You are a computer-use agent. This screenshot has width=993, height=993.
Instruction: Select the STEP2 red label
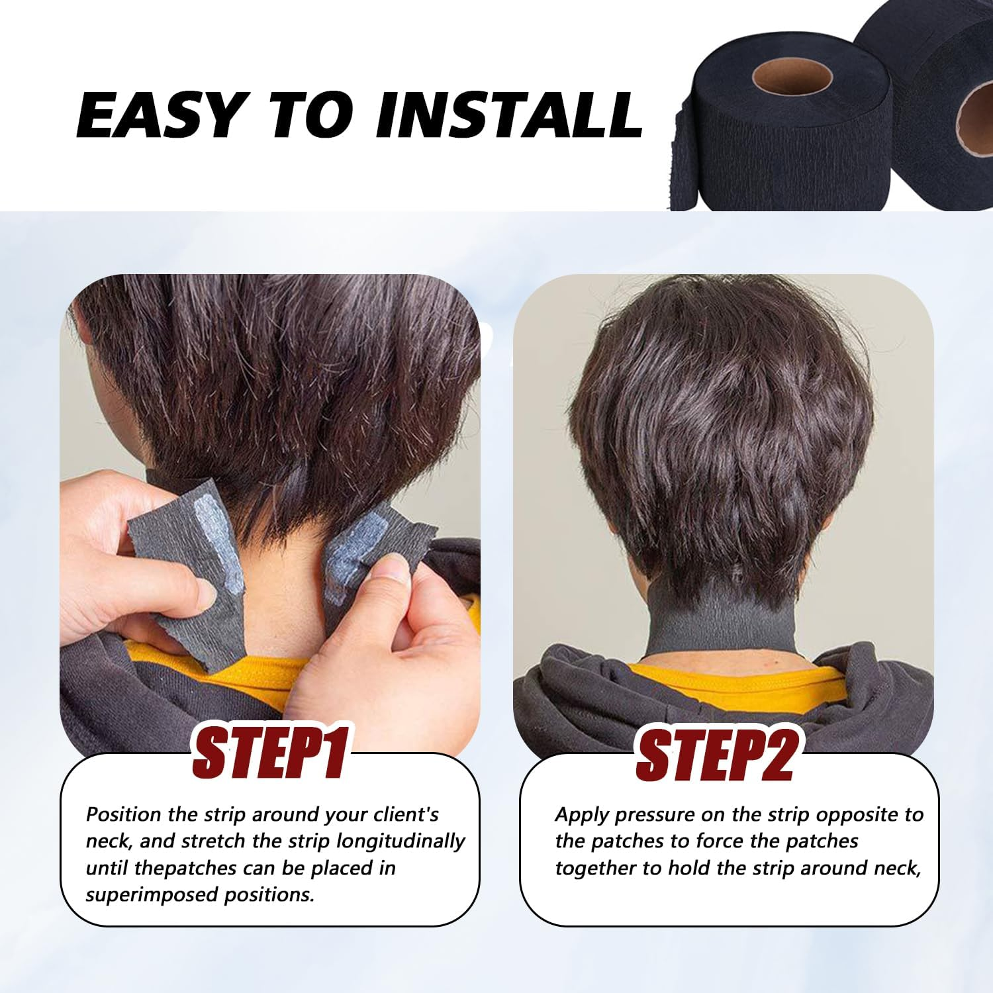715,755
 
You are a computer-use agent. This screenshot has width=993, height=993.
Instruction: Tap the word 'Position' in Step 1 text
124,814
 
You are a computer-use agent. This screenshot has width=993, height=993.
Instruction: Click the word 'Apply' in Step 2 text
582,814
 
